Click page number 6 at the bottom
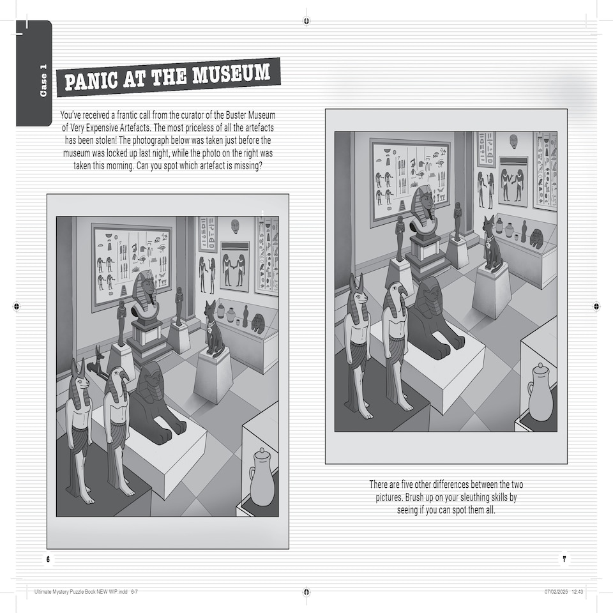click(x=48, y=559)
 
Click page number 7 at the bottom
click(x=564, y=559)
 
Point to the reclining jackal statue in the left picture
click(x=98, y=362)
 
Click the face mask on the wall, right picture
click(x=513, y=141)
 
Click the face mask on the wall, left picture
click(x=235, y=226)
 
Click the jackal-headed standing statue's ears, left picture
click(x=79, y=367)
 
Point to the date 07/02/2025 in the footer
click(x=556, y=592)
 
